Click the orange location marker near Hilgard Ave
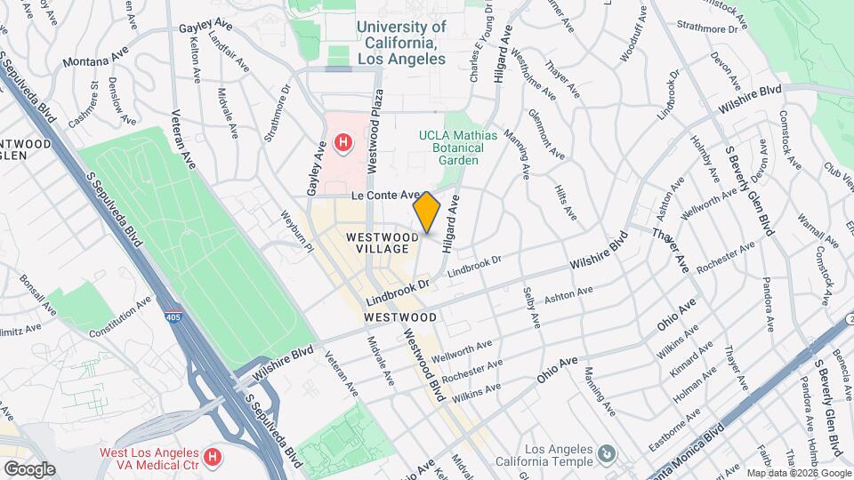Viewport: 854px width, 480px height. [x=426, y=212]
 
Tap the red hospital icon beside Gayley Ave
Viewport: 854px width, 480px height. [x=342, y=142]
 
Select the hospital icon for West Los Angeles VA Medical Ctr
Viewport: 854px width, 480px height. [x=212, y=458]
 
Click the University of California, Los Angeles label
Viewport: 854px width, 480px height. [x=401, y=43]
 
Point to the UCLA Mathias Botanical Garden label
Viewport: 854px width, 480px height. [x=457, y=148]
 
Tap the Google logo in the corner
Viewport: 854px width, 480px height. [x=28, y=468]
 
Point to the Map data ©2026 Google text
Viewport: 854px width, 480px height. [x=798, y=473]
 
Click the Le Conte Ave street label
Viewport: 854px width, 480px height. [x=384, y=195]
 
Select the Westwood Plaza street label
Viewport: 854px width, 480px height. [x=377, y=119]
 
